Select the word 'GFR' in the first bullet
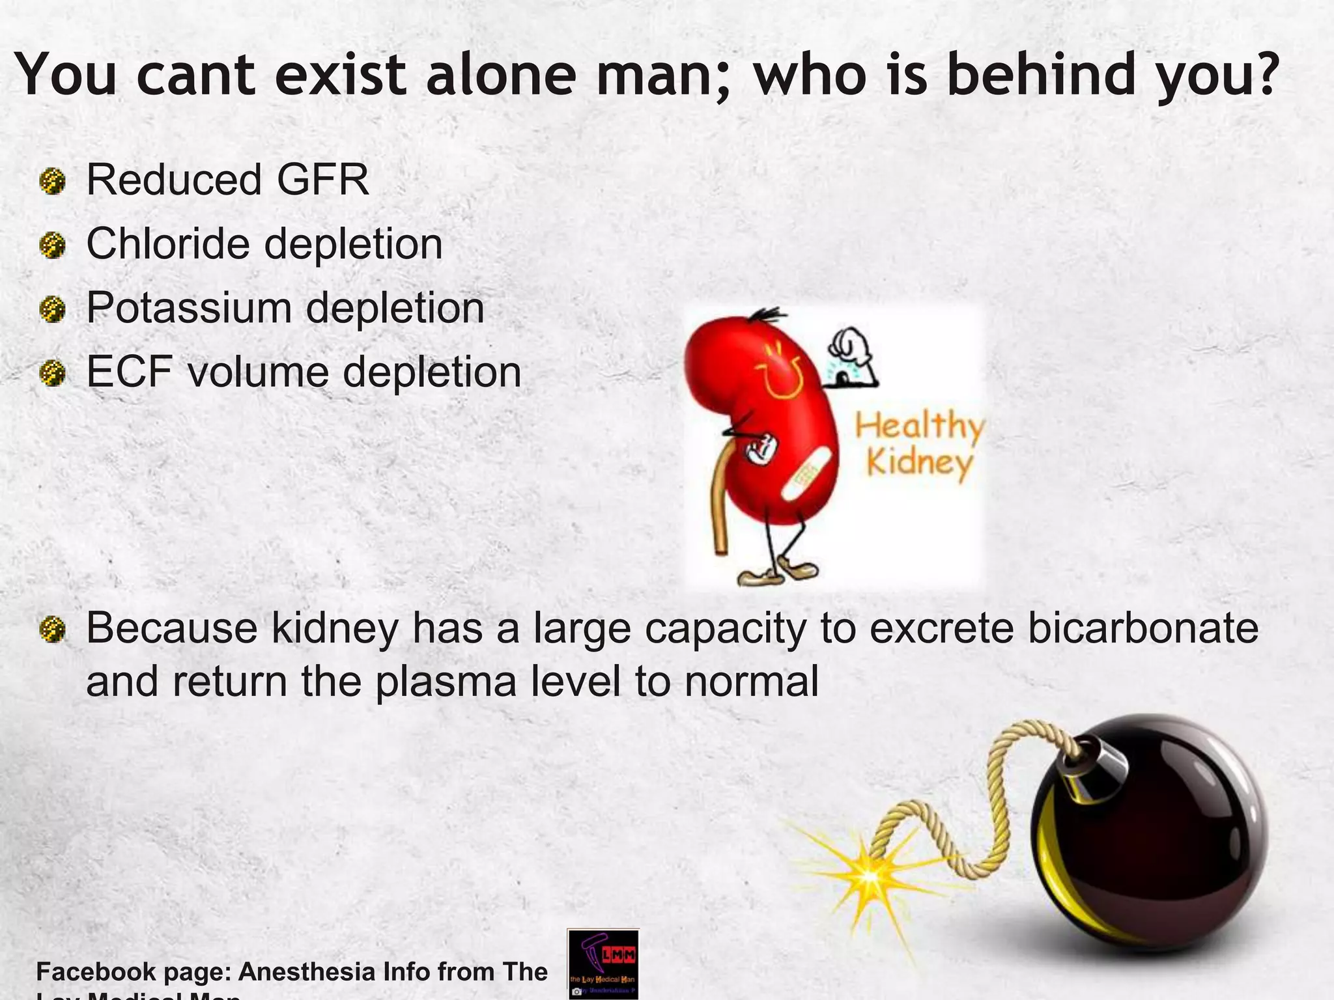point(323,180)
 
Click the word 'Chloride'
point(168,244)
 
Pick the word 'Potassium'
point(189,308)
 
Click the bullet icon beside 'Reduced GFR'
point(53,181)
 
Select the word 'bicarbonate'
point(1142,629)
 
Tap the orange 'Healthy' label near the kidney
point(918,427)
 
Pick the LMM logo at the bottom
point(603,964)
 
